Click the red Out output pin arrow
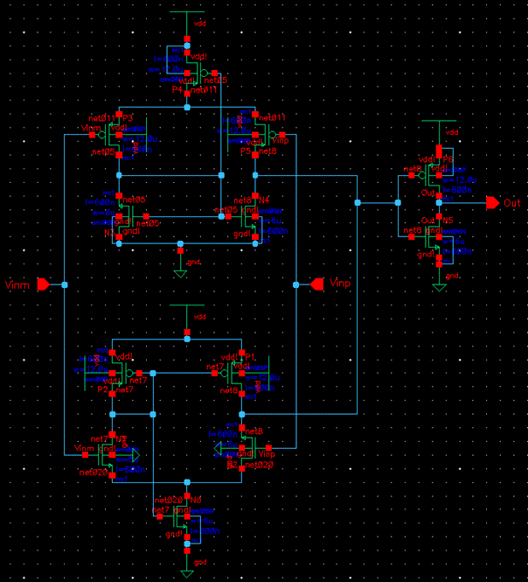pyautogui.click(x=492, y=202)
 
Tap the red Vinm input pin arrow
pyautogui.click(x=42, y=284)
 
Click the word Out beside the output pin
pyautogui.click(x=512, y=202)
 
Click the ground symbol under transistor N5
pyautogui.click(x=438, y=286)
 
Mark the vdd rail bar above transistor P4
pyautogui.click(x=187, y=13)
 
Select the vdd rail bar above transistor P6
pyautogui.click(x=438, y=122)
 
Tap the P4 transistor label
pyautogui.click(x=177, y=89)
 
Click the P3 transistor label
pyautogui.click(x=127, y=117)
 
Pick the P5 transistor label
pyautogui.click(x=246, y=151)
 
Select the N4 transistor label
pyautogui.click(x=264, y=200)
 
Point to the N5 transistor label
pyautogui.click(x=448, y=221)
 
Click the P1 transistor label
pyautogui.click(x=250, y=357)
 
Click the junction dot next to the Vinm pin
pyautogui.click(x=64, y=284)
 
